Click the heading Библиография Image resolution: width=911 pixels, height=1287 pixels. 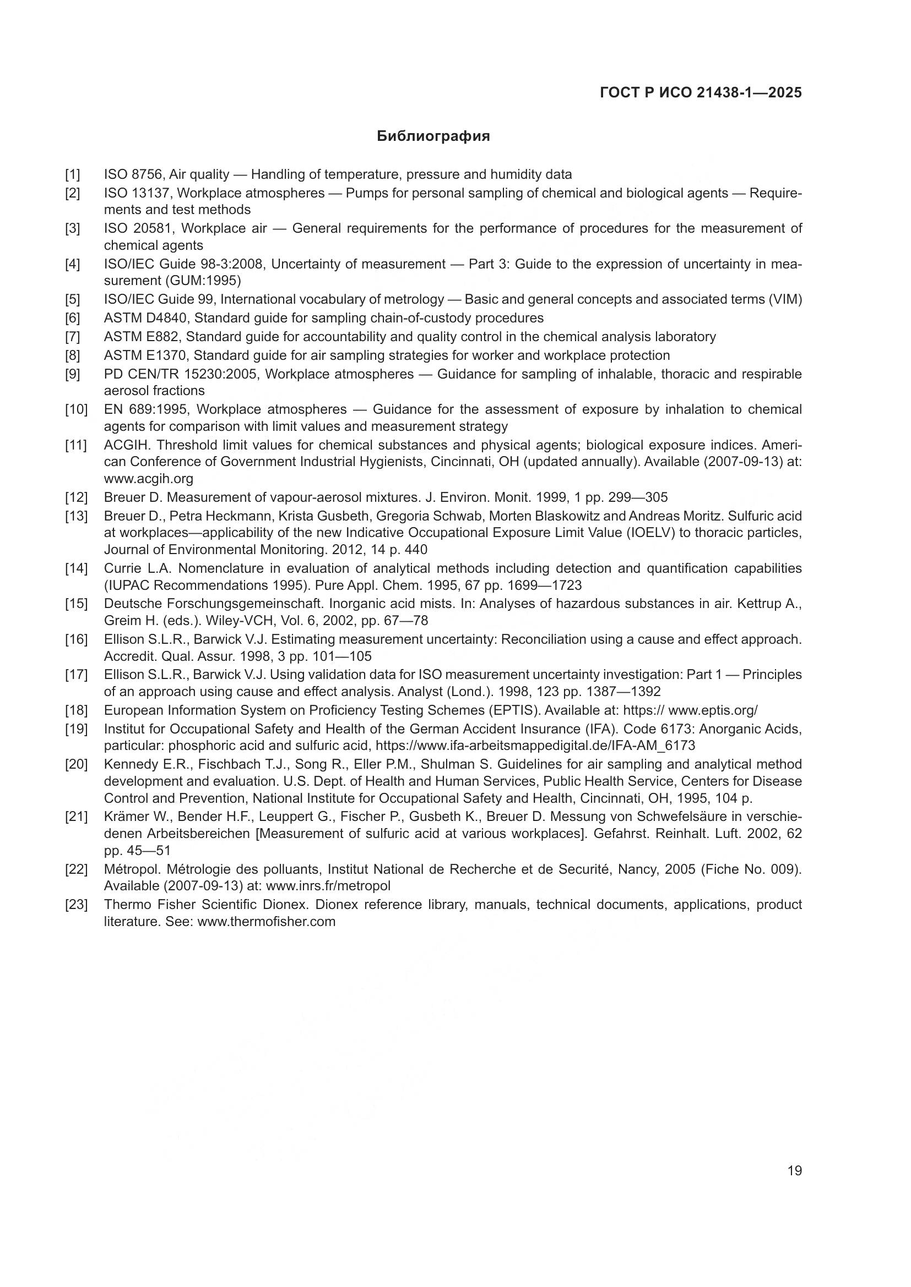[x=433, y=136]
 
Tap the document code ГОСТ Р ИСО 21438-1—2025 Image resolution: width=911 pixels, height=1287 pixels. [x=701, y=92]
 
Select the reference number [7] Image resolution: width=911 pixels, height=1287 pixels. [x=72, y=337]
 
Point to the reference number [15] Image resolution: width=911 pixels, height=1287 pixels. [x=75, y=604]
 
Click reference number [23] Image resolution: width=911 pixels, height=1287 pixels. [x=75, y=904]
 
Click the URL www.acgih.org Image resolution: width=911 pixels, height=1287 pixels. [x=148, y=479]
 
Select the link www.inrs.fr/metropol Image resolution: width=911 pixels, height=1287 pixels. [x=328, y=886]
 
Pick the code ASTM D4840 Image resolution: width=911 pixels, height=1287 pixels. [x=145, y=319]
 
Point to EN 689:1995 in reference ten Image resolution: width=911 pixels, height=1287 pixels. [x=146, y=409]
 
